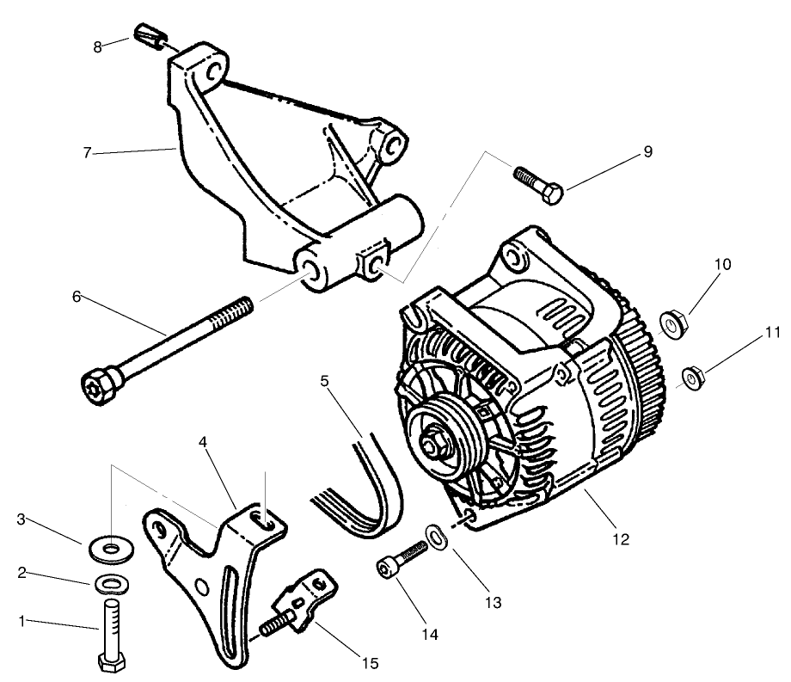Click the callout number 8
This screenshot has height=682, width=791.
point(98,46)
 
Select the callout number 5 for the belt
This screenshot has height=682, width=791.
point(325,378)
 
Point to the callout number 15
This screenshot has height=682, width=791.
point(370,663)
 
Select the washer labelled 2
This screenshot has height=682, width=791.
point(110,584)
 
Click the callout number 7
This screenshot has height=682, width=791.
point(87,153)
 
